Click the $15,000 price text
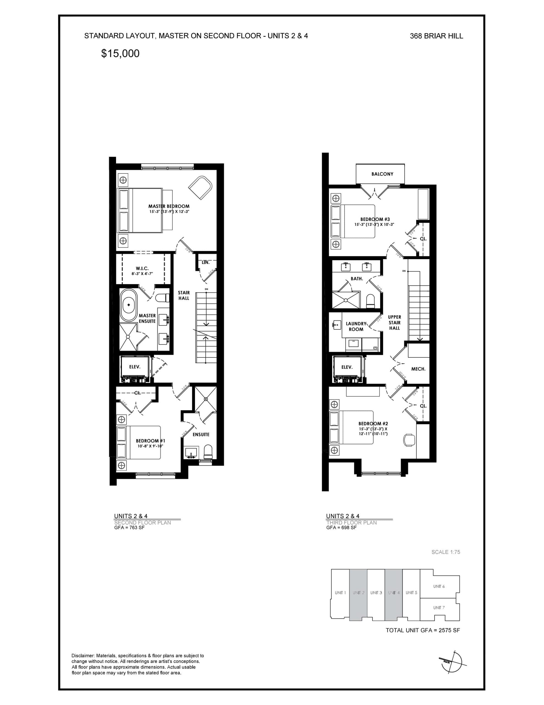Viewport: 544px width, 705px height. [x=120, y=54]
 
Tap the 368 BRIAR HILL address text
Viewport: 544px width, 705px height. [x=436, y=36]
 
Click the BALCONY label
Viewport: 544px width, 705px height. [x=382, y=174]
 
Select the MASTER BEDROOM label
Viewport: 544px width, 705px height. [x=169, y=206]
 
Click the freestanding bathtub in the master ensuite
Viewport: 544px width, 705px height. [x=129, y=305]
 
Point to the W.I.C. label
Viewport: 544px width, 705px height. [x=142, y=269]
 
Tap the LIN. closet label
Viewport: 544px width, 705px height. [x=205, y=262]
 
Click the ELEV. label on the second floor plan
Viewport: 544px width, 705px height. [x=134, y=367]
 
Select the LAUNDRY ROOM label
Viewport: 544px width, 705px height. [x=356, y=326]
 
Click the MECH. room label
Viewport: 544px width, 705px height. [x=418, y=369]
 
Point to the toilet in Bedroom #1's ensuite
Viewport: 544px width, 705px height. [x=208, y=452]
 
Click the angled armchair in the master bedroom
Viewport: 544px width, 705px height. [x=200, y=187]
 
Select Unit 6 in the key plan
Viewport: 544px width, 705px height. [x=439, y=586]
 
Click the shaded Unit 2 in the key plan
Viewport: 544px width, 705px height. [x=358, y=593]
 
